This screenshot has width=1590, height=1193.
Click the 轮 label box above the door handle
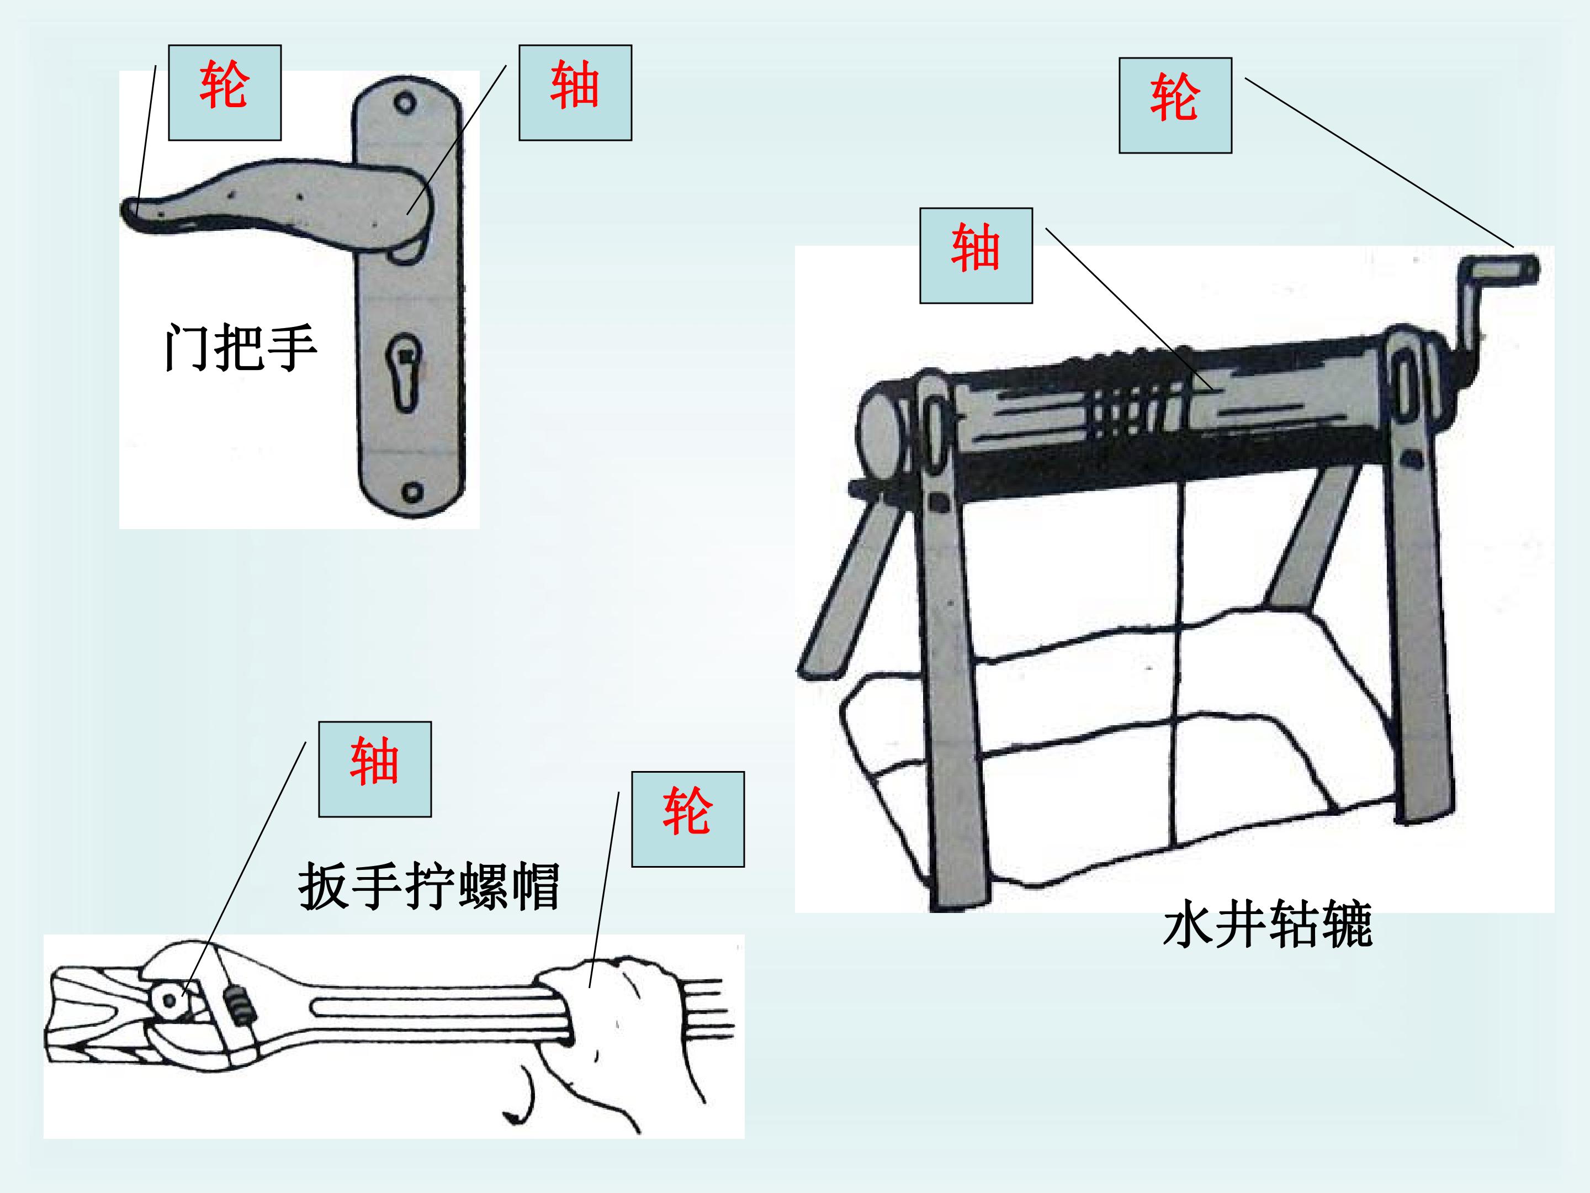tap(224, 93)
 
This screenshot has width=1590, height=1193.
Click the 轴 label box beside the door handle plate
tap(575, 93)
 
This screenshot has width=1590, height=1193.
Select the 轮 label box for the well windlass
tap(1175, 105)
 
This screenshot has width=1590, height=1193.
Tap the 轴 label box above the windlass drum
tap(976, 256)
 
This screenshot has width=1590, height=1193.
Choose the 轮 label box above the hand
tap(688, 819)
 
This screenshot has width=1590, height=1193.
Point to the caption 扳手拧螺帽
tap(429, 886)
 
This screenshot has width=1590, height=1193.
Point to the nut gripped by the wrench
tap(171, 1001)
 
